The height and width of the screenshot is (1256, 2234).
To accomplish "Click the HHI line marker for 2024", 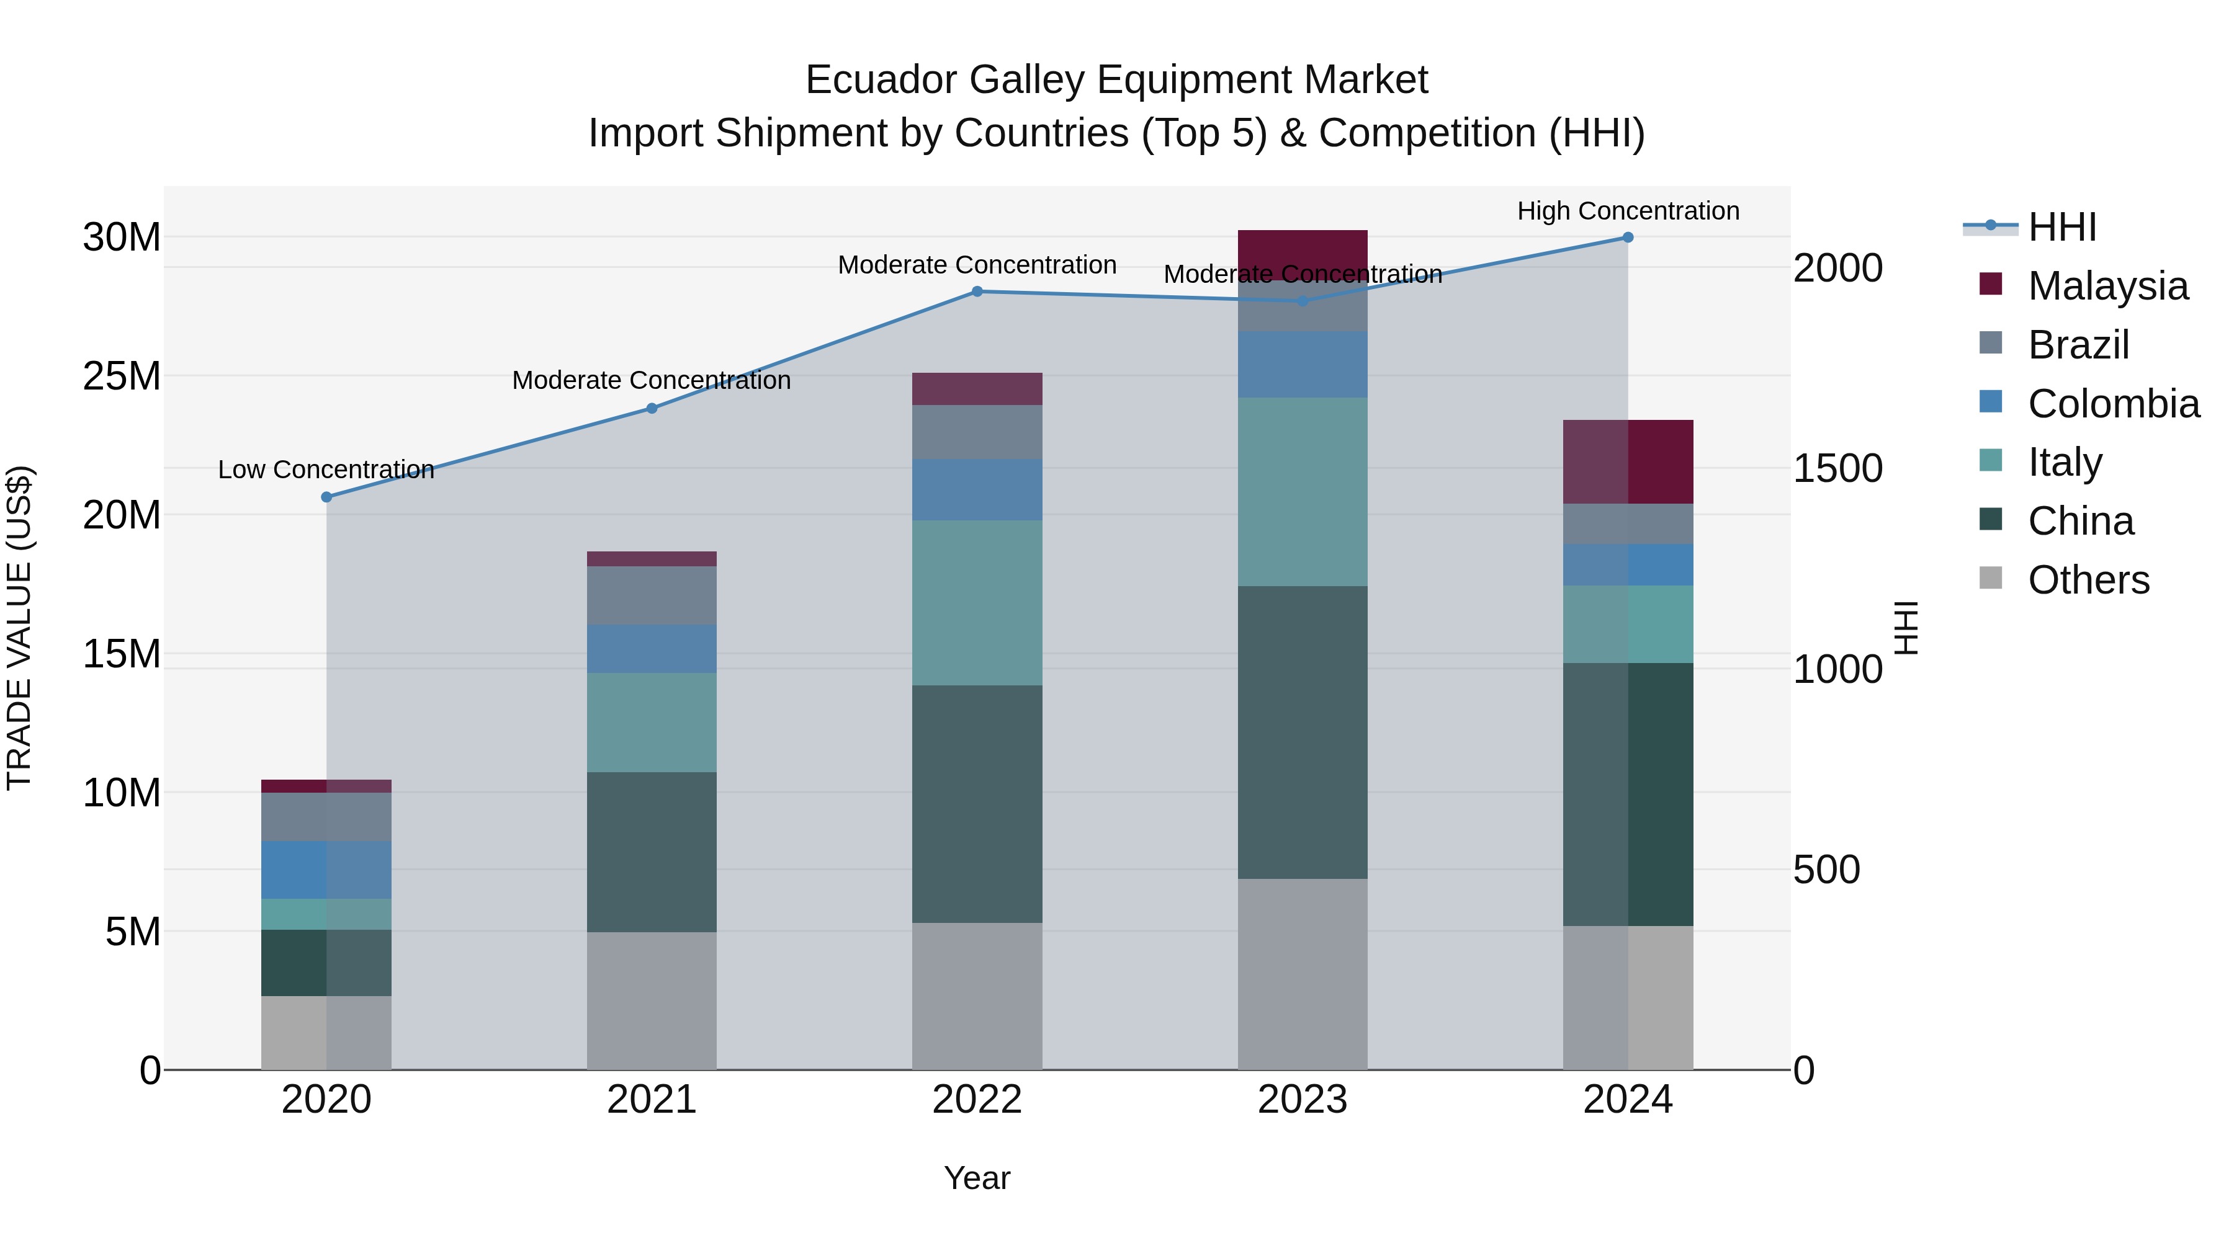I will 1628,238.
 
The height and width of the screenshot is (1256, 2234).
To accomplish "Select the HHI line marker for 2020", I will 326,497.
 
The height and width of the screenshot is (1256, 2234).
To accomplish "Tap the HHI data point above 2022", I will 977,292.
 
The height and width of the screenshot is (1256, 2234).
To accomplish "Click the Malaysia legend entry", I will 2107,286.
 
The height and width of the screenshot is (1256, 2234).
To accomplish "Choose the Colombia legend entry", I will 2112,404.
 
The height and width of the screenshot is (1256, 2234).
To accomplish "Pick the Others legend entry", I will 2088,580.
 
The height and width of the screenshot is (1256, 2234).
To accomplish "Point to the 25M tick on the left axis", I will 122,376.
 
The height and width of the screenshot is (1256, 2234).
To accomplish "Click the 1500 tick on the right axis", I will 1837,468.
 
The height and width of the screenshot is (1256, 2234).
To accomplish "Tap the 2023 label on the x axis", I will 1302,1100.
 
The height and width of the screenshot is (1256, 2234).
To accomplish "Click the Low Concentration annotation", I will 326,470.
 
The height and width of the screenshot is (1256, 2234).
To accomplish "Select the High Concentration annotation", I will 1628,212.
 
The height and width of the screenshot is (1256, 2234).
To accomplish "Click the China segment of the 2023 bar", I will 1302,733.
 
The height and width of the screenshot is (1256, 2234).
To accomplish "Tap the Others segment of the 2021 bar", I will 652,1000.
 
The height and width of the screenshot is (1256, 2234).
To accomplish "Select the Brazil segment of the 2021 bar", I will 652,595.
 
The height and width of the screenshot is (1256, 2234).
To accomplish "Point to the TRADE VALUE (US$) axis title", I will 19,628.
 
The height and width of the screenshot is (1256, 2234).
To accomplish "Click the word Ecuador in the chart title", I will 881,81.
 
